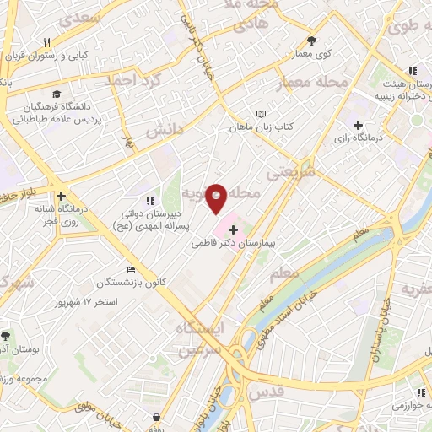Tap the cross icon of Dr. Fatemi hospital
(233, 229)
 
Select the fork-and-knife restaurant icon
(47, 41)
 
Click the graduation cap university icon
(56, 94)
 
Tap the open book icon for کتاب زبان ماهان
(261, 114)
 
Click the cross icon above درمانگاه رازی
(359, 124)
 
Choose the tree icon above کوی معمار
(311, 40)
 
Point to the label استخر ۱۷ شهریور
(85, 301)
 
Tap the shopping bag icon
(158, 418)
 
